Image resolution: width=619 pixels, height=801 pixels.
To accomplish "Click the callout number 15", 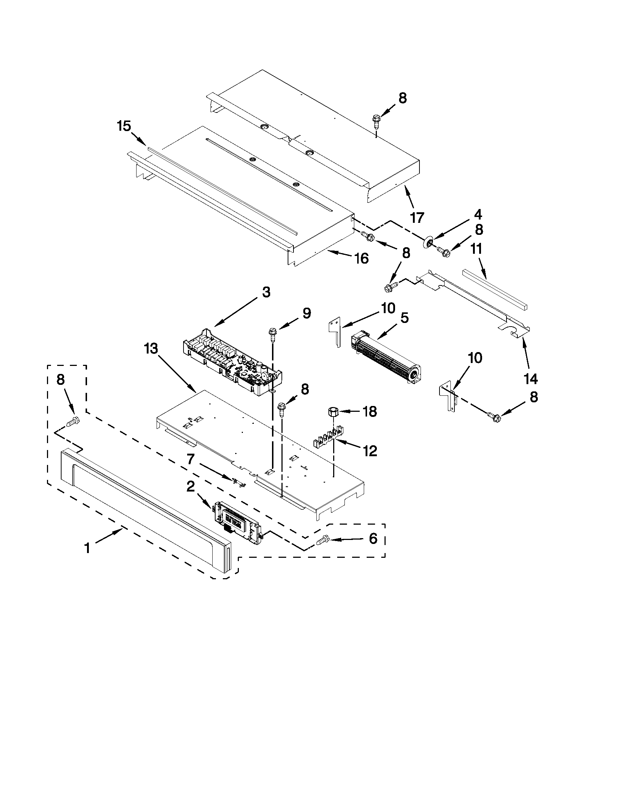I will click(x=124, y=126).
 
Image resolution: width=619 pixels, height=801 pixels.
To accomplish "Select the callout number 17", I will click(x=417, y=217).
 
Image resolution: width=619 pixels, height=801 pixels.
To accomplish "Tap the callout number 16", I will click(x=362, y=259).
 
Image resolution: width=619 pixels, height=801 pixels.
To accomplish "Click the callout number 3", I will click(x=266, y=292).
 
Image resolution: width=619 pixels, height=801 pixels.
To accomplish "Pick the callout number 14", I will click(x=531, y=379).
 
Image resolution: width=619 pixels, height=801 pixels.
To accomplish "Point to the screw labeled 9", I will click(x=273, y=333).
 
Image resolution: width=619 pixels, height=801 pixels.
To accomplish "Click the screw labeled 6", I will click(x=322, y=540).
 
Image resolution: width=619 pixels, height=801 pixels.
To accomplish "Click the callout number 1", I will click(x=87, y=549).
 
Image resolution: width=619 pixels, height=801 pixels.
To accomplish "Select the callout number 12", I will click(x=370, y=451).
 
